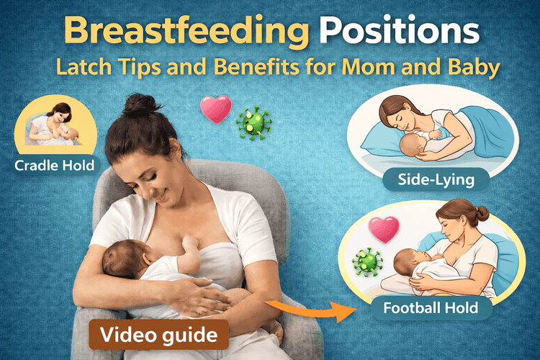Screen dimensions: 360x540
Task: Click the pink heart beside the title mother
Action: pos(215,109)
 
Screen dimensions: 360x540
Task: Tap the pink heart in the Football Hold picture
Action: pos(383,230)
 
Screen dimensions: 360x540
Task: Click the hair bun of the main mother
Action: pos(137,106)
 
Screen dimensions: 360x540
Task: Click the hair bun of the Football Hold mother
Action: pos(480,213)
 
